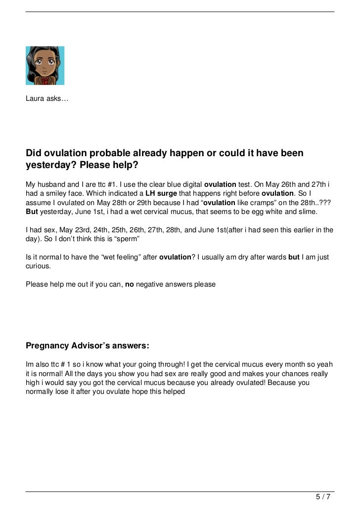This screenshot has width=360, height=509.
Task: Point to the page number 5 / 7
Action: pos(324,496)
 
